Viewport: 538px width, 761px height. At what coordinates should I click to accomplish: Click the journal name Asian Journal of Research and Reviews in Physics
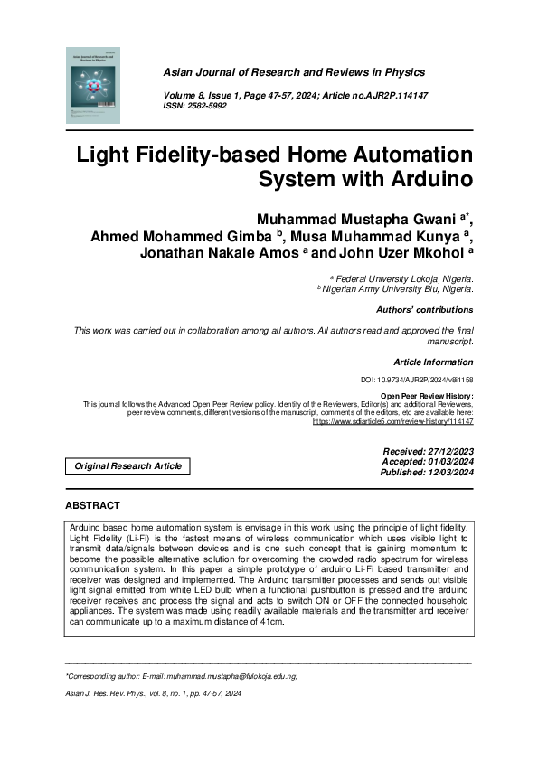point(293,72)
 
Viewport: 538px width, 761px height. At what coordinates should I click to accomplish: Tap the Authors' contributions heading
point(424,310)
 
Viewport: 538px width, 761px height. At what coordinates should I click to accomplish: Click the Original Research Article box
point(127,466)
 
